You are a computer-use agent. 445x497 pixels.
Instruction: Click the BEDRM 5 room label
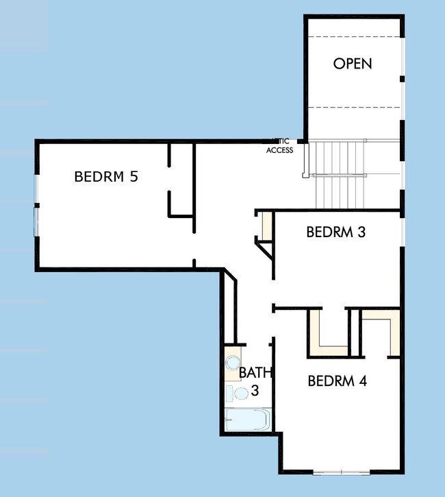106,176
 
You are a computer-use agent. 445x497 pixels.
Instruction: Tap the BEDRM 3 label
335,232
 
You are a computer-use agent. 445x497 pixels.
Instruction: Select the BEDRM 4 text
337,381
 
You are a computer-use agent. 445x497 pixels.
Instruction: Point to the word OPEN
353,64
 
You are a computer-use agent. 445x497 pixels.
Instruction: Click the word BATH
255,374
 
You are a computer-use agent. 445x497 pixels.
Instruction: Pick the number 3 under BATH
254,391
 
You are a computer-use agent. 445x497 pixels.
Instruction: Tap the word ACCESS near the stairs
279,150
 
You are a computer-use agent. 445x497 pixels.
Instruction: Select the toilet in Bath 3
240,393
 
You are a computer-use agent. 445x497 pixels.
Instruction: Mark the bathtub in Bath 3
248,420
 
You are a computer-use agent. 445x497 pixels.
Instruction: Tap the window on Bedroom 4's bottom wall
341,471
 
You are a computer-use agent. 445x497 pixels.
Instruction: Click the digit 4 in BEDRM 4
362,381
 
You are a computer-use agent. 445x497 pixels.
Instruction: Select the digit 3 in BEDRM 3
361,232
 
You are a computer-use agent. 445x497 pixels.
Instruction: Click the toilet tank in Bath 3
229,393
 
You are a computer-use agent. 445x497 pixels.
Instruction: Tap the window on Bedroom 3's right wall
403,226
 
